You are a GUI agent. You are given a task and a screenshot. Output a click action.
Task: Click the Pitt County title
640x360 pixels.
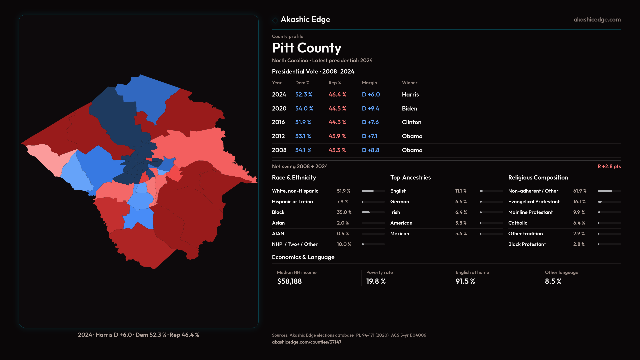307,48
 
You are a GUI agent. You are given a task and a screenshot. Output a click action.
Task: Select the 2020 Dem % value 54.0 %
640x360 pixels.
304,109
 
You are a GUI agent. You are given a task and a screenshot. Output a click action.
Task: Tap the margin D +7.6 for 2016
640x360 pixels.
370,122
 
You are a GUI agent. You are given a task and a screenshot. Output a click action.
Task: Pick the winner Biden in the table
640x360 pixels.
409,109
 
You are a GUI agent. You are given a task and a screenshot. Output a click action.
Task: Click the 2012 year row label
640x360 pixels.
278,136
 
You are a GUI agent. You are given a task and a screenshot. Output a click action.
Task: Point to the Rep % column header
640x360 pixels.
335,83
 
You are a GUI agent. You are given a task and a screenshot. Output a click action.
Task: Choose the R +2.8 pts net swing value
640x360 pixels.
609,167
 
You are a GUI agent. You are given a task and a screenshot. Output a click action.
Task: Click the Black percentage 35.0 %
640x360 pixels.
344,212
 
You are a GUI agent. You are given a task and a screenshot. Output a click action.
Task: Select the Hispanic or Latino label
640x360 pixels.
292,202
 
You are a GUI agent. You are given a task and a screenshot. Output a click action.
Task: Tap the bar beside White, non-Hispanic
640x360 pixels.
373,191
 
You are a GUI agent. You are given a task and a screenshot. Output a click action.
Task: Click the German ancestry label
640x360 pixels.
399,202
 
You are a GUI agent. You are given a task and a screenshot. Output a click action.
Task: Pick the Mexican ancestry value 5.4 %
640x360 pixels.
461,234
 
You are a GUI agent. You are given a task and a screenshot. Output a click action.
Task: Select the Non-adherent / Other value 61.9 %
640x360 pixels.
580,191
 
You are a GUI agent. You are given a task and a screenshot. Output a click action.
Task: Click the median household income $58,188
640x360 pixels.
289,281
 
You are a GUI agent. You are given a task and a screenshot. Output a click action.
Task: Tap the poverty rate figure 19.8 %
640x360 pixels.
376,281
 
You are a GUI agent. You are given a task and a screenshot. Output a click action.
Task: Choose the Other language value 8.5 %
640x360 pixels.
553,281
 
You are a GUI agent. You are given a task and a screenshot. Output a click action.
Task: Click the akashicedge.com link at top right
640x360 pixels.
597,20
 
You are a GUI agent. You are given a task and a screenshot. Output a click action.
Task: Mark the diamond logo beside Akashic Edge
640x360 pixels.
275,20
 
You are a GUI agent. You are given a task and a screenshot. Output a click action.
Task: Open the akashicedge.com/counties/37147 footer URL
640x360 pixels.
306,342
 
